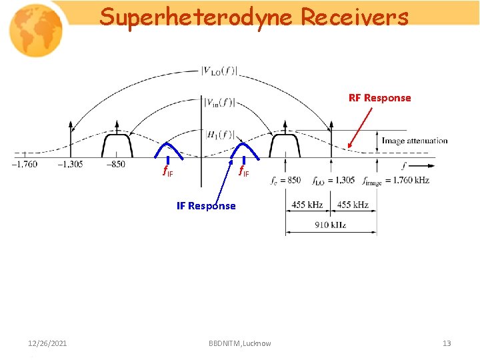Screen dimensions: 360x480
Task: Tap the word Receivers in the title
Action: (354, 17)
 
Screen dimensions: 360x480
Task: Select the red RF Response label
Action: (379, 98)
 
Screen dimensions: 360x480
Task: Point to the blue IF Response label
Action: (206, 206)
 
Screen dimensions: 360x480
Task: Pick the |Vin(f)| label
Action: (219, 102)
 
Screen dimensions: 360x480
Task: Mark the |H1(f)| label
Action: (219, 134)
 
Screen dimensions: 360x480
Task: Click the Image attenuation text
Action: (414, 141)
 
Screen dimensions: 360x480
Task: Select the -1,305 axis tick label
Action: (70, 165)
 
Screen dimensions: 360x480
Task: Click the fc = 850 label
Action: (286, 180)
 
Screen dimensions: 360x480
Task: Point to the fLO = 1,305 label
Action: (333, 180)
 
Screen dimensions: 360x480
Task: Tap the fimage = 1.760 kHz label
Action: (396, 180)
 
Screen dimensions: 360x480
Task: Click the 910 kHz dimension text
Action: (331, 225)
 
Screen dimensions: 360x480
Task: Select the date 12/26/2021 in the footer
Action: (47, 343)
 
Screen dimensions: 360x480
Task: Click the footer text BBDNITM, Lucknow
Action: (239, 343)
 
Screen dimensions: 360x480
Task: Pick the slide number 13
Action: (447, 343)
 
